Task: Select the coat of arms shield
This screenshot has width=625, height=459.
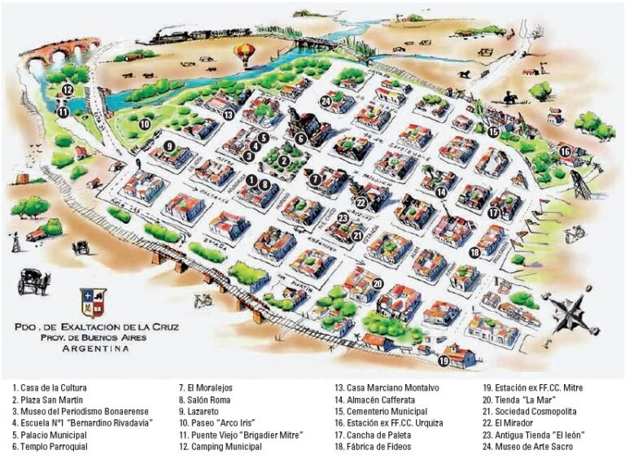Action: point(92,302)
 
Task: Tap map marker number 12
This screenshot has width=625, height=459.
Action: point(68,90)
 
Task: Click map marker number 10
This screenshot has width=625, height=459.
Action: point(144,125)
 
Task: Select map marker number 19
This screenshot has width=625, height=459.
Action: point(444,359)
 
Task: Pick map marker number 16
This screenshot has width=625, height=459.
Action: point(565,151)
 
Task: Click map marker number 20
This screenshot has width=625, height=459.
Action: point(377,283)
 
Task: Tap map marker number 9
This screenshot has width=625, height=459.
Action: point(169,146)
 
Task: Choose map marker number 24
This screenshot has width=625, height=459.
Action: point(325,100)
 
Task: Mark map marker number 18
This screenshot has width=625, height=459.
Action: point(474,252)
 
